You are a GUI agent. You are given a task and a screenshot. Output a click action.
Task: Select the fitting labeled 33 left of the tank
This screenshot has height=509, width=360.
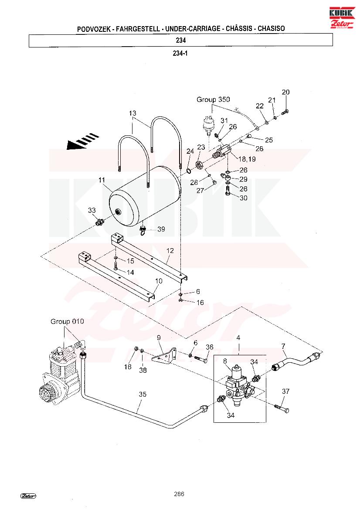coord(99,222)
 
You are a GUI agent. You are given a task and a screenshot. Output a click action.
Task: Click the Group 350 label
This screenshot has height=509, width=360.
coord(213,100)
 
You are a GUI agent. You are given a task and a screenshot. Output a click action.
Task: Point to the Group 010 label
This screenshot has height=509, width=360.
coord(67,322)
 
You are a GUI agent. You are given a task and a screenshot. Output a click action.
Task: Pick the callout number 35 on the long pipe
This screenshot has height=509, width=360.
coord(143,394)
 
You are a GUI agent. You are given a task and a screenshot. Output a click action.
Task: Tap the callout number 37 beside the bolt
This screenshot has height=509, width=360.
coord(285,391)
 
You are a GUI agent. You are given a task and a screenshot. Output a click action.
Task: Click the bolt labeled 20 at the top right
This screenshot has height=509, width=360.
coord(285,112)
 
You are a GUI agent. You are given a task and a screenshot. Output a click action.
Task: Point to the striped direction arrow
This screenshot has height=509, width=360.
coord(81,143)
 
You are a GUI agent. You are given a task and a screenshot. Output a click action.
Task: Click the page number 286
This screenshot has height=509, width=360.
coord(179,494)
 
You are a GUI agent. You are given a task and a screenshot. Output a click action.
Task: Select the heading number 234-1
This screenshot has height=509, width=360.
coord(180,54)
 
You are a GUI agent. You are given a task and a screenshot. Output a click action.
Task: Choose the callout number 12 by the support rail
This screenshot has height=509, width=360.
coord(170,251)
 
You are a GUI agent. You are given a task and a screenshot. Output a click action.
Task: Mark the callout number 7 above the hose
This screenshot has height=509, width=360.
coord(283,347)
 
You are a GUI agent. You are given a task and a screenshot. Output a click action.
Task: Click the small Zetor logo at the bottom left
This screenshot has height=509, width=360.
coord(28,496)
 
